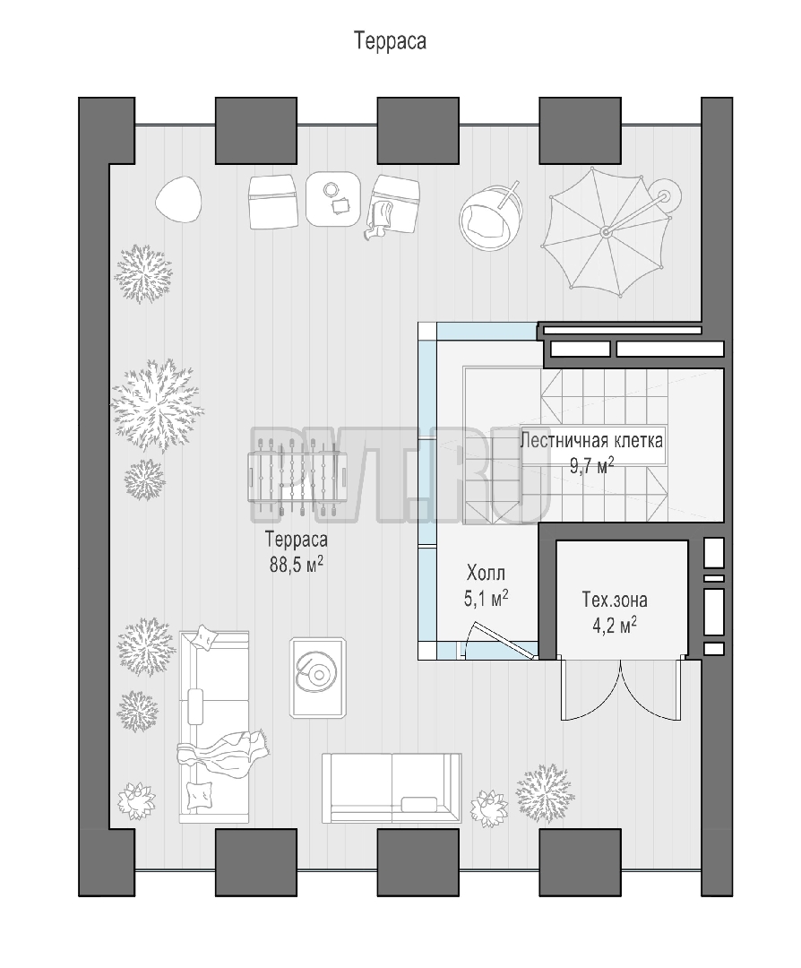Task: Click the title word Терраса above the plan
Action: (x=390, y=40)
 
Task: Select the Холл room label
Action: (x=486, y=573)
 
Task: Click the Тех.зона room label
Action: (x=615, y=600)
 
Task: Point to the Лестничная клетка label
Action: (x=592, y=440)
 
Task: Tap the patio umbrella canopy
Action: (x=607, y=232)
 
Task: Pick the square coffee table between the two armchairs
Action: (x=333, y=199)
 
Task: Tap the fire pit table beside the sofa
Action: (x=318, y=678)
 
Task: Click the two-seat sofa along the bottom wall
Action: (x=392, y=788)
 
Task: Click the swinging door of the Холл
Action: (x=499, y=640)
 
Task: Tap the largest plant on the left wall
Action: (x=158, y=405)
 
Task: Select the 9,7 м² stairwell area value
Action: (x=592, y=465)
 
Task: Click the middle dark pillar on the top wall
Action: (x=418, y=130)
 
